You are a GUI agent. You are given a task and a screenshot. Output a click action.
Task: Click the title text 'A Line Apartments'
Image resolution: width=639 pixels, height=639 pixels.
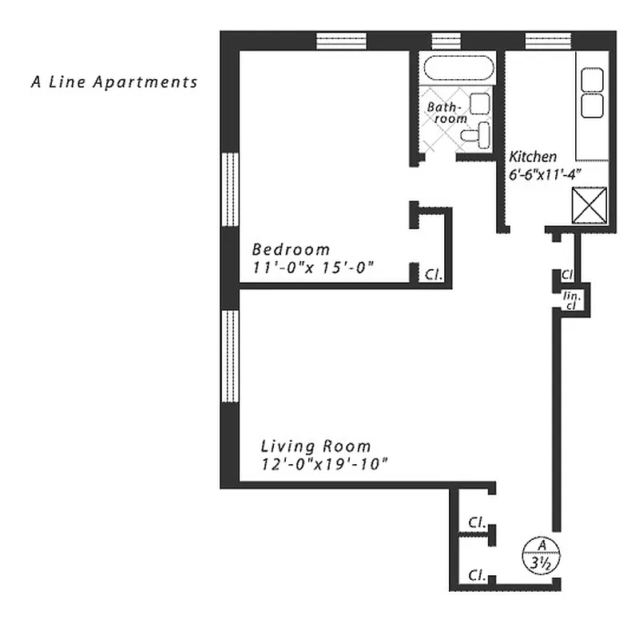113,81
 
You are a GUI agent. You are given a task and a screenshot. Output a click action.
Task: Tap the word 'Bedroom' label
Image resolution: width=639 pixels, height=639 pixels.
291,248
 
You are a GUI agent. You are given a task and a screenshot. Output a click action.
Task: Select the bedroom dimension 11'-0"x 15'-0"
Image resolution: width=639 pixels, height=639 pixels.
313,268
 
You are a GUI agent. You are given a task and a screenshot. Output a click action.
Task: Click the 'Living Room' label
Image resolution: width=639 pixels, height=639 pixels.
316,447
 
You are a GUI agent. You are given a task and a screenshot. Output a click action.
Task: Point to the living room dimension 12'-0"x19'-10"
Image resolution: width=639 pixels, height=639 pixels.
324,465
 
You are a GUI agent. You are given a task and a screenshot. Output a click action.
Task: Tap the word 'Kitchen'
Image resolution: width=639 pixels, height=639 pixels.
534,157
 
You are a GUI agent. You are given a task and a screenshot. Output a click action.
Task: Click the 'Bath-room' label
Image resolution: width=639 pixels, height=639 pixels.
446,112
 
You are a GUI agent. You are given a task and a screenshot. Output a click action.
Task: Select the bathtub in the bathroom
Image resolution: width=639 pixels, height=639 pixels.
459,68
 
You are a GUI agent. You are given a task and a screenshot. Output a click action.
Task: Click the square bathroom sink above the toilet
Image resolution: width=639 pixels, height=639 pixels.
480,103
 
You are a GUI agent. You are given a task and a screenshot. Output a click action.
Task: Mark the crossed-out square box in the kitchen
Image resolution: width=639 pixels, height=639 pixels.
591,205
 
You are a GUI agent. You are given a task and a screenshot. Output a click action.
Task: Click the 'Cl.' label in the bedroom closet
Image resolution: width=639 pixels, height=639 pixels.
434,275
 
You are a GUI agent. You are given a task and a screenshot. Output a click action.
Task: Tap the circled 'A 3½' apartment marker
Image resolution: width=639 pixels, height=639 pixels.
541,554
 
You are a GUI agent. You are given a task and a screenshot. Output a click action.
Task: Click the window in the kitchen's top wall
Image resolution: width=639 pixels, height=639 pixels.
548,40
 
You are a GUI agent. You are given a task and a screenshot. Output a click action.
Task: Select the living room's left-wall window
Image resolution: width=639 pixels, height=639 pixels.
229,355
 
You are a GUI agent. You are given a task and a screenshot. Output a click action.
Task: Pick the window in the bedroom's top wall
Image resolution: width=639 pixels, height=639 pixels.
341,40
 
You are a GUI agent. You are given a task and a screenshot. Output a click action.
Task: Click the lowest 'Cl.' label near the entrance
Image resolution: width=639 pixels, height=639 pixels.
478,574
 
